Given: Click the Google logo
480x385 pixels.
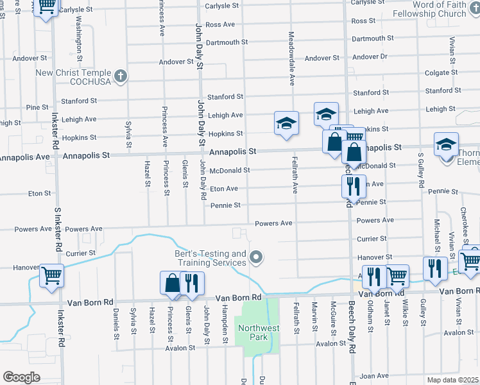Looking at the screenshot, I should tap(21, 377).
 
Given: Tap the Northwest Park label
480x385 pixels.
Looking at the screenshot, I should tap(259, 333).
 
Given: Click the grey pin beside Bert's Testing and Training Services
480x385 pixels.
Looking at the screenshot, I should tap(257, 258).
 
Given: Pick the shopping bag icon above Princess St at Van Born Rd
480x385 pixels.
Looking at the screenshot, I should tap(173, 282).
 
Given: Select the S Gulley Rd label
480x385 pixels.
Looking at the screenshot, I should tap(421, 170).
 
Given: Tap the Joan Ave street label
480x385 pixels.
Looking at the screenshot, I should tap(375, 376).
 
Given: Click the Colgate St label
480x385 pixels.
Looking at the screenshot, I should tap(441, 73).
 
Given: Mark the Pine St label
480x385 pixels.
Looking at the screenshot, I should tap(37, 107).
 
